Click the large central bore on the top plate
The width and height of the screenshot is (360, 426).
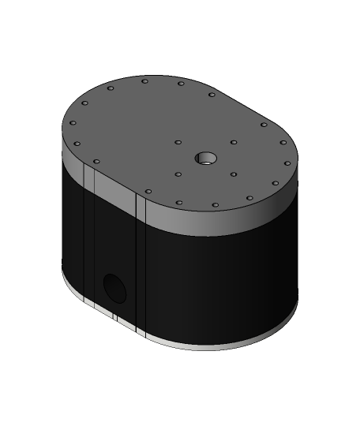pyautogui.click(x=207, y=159)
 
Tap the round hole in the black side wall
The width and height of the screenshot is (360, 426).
pyautogui.click(x=114, y=289)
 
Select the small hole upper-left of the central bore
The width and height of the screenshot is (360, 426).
pyautogui.click(x=179, y=143)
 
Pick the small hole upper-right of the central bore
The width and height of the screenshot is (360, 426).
pyautogui.click(x=234, y=142)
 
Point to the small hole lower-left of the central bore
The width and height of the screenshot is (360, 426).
pyautogui.click(x=178, y=174)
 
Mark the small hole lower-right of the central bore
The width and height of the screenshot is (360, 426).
pyautogui.click(x=234, y=174)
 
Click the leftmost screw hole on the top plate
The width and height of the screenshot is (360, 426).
pyautogui.click(x=73, y=122)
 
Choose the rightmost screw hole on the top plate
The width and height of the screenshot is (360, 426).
pyautogui.click(x=287, y=163)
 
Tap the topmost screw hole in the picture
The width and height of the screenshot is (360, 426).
pyautogui.click(x=144, y=80)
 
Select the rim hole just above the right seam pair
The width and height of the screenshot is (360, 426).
pyautogui.click(x=148, y=191)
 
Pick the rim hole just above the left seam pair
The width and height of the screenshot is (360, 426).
pyautogui.click(x=96, y=162)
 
